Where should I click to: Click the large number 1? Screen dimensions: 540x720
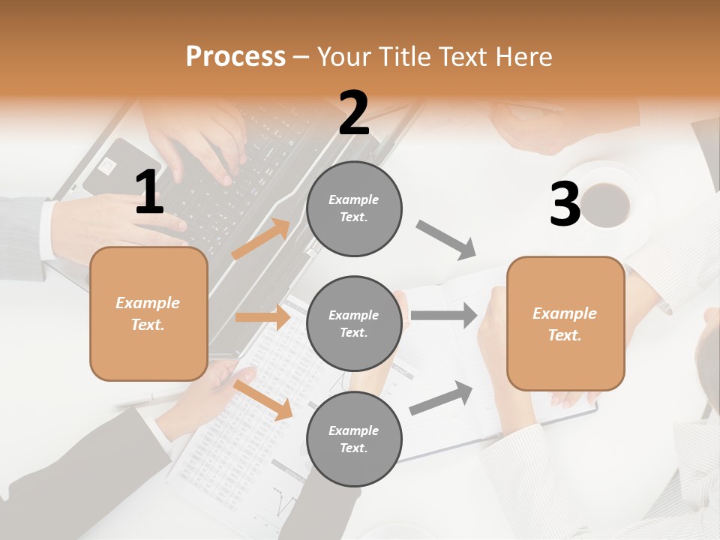coord(149,193)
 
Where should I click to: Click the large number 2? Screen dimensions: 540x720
coord(353,113)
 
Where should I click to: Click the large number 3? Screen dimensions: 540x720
coord(565,205)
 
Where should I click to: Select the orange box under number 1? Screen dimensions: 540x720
coord(148,313)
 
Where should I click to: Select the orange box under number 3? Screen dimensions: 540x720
coord(565,324)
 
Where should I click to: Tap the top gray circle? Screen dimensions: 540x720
coord(354,208)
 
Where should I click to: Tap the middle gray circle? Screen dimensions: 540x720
coord(354,324)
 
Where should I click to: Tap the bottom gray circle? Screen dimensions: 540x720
coord(354,439)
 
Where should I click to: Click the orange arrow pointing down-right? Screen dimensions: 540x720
coord(263,400)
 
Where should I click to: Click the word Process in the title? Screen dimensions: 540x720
coord(235,56)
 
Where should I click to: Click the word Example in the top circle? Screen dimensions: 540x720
coord(353,199)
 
